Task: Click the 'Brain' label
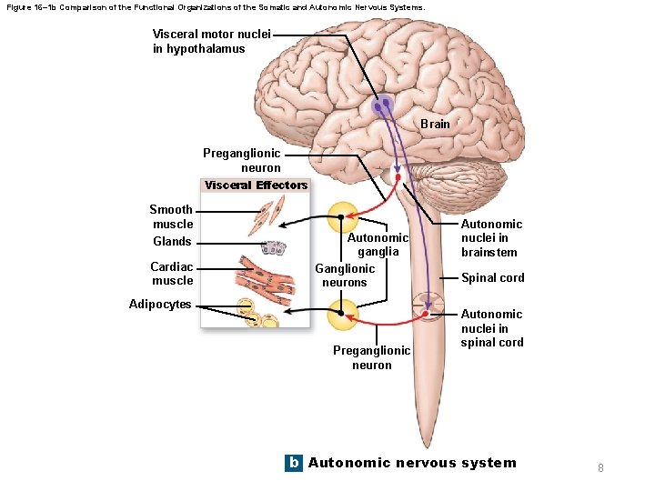[x=435, y=124]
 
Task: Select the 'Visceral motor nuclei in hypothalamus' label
[x=198, y=42]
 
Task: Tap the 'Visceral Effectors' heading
[x=256, y=185]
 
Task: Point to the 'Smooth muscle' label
[x=172, y=216]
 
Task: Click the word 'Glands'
[x=172, y=241]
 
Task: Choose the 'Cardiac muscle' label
[x=172, y=274]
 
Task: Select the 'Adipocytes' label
[x=160, y=305]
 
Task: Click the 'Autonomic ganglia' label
[x=378, y=245]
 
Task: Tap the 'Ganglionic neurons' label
[x=345, y=276]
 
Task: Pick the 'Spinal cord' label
[x=492, y=278]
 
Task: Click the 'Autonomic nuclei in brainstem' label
[x=491, y=238]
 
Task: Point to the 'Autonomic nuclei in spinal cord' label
[x=491, y=328]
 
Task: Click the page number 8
[x=600, y=467]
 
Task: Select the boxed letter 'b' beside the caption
[x=293, y=463]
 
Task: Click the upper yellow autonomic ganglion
[x=342, y=217]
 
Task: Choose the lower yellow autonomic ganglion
[x=342, y=314]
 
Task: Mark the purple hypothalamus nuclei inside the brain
[x=383, y=106]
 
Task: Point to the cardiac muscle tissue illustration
[x=270, y=277]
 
